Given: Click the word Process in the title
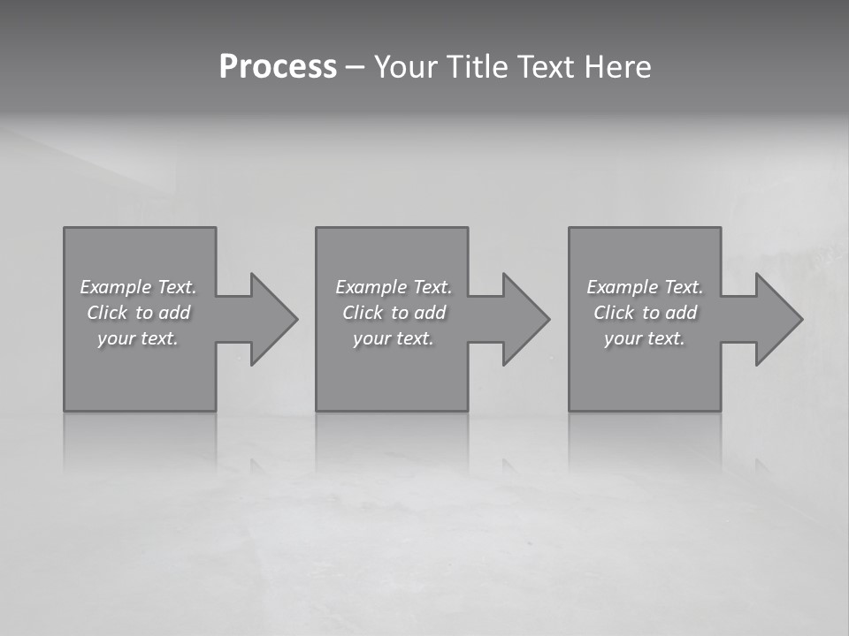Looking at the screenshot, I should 278,67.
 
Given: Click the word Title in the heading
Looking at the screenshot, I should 474,67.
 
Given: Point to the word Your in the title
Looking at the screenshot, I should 404,67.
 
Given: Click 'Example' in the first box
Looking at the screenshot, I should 115,287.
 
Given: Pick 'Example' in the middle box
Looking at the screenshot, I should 371,287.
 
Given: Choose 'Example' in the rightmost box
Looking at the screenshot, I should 622,287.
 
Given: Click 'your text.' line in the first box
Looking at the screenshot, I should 138,338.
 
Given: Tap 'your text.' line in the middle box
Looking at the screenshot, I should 394,338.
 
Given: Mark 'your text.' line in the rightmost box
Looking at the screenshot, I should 645,338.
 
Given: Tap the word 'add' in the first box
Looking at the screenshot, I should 175,313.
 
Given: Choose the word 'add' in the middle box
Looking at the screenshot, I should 431,313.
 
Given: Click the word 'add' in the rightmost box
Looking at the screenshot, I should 682,313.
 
